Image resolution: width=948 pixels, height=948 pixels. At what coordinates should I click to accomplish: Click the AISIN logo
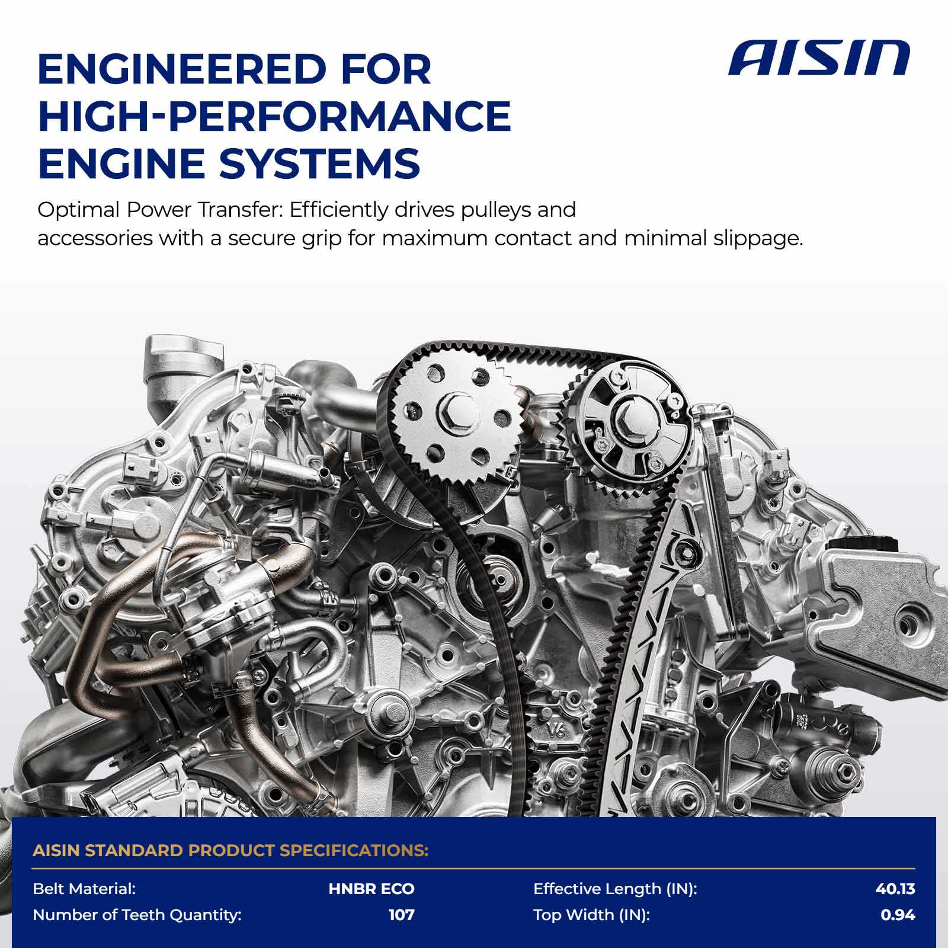coord(819,58)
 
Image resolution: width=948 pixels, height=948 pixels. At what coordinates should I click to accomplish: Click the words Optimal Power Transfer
coord(161,210)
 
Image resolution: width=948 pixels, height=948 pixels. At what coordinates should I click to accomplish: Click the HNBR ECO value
coord(371,889)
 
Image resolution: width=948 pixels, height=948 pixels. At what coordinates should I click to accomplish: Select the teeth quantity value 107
coord(401,915)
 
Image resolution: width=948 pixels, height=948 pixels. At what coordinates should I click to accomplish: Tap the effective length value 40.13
coord(895,889)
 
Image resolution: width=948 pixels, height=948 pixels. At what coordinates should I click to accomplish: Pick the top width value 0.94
coord(898,915)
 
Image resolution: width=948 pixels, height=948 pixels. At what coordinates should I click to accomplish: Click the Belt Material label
coord(85,889)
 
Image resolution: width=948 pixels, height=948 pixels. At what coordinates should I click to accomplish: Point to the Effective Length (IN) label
coord(615,889)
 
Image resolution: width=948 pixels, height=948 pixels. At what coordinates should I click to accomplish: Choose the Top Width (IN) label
coord(591,915)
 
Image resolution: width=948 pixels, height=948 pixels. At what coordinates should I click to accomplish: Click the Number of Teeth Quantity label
coord(137,915)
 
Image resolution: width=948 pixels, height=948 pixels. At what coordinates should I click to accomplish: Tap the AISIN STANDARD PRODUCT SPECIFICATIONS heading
coord(230,851)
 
